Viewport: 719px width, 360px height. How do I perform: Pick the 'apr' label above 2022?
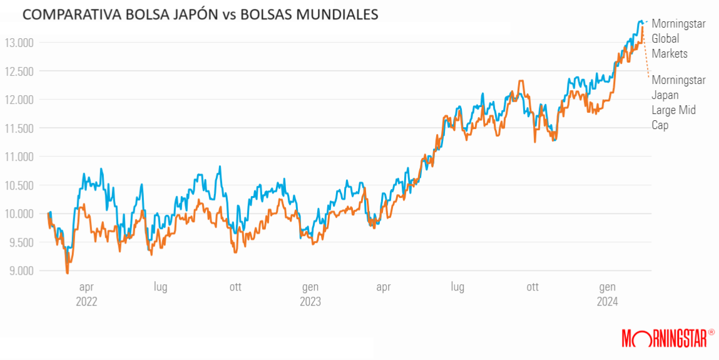[86, 287]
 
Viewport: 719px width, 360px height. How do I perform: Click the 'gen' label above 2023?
[310, 287]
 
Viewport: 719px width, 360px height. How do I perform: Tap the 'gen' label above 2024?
[607, 287]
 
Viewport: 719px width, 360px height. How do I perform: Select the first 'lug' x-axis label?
[161, 287]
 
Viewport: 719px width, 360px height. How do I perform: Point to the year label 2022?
[86, 301]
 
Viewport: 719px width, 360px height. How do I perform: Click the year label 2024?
[607, 301]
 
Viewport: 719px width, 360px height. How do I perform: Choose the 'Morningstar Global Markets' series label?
[678, 39]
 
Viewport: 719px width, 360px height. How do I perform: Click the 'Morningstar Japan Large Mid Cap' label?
[678, 103]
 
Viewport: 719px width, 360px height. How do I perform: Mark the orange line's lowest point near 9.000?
[68, 273]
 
